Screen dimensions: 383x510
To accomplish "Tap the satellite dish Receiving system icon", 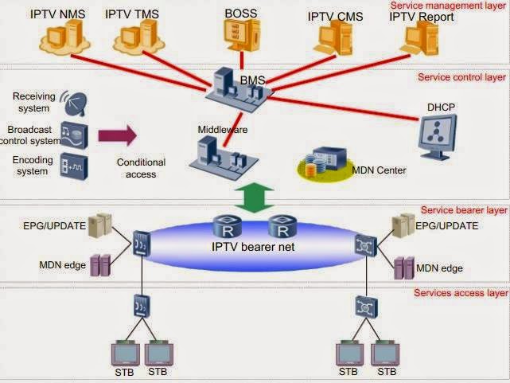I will coord(74,102).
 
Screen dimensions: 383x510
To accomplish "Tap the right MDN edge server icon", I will coord(404,267).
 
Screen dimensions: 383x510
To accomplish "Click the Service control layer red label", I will coord(462,77).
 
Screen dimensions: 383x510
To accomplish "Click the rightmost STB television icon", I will coord(387,353).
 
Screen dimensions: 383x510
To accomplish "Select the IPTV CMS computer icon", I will coord(331,37).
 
